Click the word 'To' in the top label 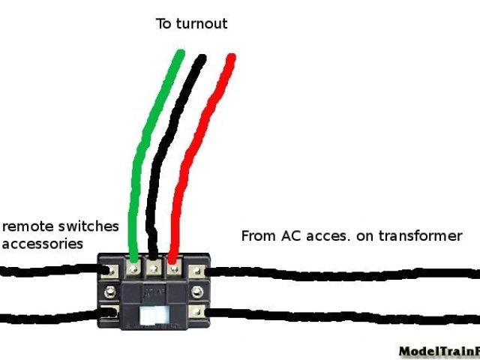(x=163, y=24)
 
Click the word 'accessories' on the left (x=42, y=243)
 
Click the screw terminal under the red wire (x=172, y=265)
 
